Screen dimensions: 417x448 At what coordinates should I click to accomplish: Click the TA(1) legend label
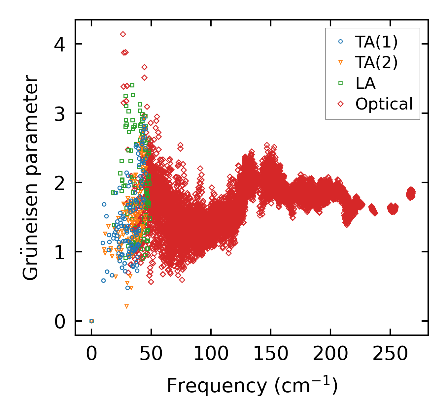(376, 42)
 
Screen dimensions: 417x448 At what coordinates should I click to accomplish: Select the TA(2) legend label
(376, 62)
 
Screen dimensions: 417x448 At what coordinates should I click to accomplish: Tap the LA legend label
(365, 83)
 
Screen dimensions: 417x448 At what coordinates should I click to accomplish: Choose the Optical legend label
(384, 104)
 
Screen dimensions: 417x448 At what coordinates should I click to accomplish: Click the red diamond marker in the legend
(341, 104)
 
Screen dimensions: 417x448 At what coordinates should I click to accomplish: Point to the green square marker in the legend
(341, 83)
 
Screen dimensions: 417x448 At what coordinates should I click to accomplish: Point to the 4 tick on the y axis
(60, 44)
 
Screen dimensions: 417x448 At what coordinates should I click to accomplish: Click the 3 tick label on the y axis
(60, 113)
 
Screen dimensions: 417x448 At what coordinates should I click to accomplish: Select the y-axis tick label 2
(60, 182)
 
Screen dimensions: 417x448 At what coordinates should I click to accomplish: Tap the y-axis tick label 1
(60, 252)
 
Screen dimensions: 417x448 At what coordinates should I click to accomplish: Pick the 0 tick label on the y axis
(60, 321)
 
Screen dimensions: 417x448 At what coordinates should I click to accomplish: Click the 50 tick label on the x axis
(151, 354)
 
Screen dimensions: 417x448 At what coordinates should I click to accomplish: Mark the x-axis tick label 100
(211, 354)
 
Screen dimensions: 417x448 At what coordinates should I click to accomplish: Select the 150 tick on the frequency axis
(271, 354)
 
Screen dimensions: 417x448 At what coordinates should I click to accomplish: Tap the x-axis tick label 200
(330, 354)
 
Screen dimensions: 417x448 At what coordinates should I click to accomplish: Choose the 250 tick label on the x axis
(390, 354)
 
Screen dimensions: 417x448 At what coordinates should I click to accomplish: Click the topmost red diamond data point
(123, 34)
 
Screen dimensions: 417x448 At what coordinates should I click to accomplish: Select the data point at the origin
(91, 321)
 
